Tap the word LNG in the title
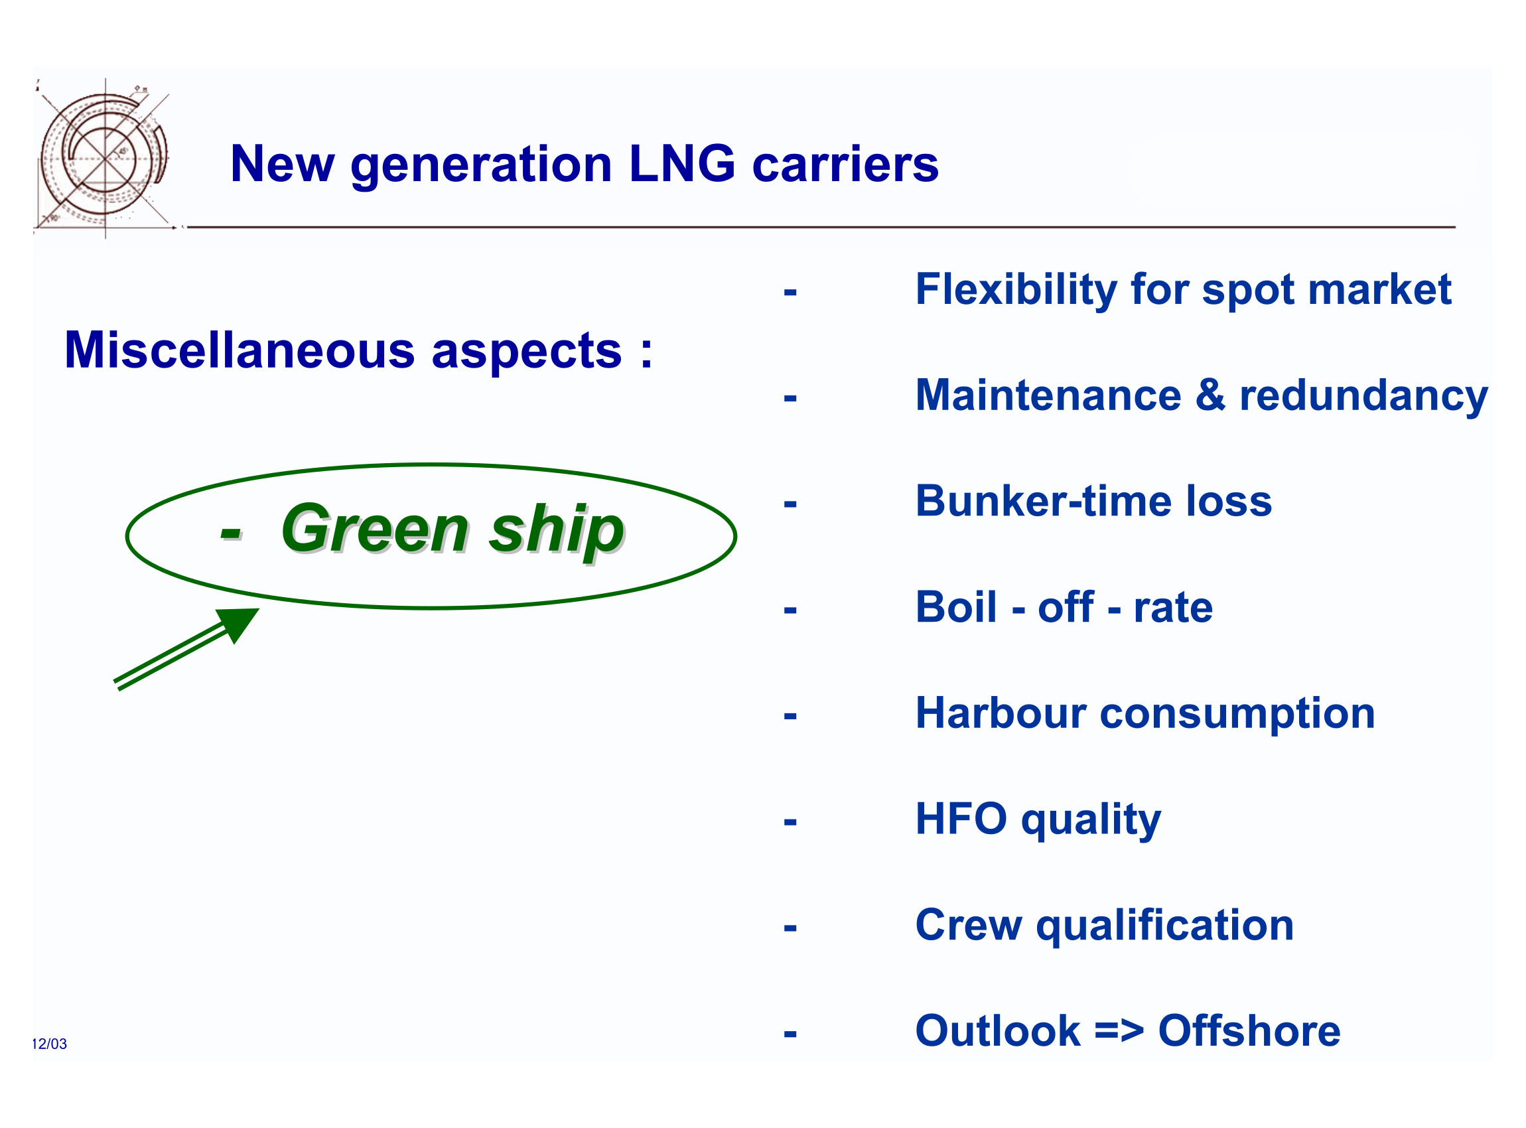click(x=682, y=164)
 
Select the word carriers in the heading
click(x=845, y=165)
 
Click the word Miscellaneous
click(x=240, y=350)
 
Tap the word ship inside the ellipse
click(x=557, y=533)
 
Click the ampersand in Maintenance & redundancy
click(x=1211, y=395)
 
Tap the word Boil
click(x=956, y=607)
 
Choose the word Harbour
click(x=1001, y=713)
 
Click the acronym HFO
click(x=961, y=819)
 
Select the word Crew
click(x=968, y=925)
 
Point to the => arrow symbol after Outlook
click(x=1119, y=1032)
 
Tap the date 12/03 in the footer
click(x=49, y=1044)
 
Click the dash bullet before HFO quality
click(x=790, y=821)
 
